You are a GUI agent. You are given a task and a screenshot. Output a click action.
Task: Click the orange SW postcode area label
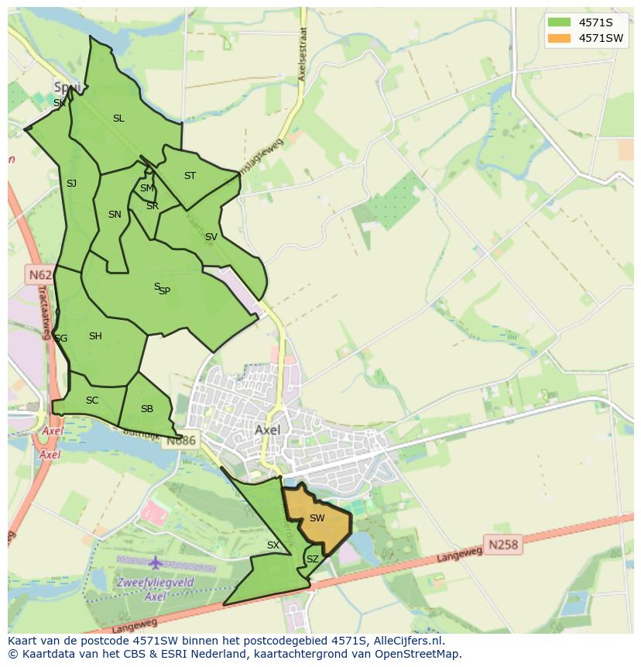pos(317,518)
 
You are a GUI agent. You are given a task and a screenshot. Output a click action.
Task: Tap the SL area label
pos(118,119)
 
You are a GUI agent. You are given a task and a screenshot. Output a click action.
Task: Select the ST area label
pos(190,176)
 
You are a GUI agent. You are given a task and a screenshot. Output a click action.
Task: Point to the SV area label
pos(211,237)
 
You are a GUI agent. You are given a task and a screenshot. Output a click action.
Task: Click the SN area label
pos(115,215)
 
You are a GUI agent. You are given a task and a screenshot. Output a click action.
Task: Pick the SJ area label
pos(71,184)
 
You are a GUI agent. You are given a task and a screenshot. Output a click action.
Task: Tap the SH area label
pos(95,336)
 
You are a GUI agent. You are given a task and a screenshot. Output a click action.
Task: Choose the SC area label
pos(92,401)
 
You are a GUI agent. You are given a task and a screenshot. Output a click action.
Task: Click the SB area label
pos(147,409)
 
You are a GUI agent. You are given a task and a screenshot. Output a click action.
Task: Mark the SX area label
pos(273,545)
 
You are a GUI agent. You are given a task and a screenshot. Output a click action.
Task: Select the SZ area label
pos(313,559)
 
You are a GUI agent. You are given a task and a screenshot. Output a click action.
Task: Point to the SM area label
pos(146,188)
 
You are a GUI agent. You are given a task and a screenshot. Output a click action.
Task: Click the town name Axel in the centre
pos(268,429)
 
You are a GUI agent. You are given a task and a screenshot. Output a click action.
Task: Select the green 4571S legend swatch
pos(557,22)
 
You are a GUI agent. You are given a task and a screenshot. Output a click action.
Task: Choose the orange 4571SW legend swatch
pos(557,38)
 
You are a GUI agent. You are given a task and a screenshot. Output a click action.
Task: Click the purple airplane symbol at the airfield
pos(156,562)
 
